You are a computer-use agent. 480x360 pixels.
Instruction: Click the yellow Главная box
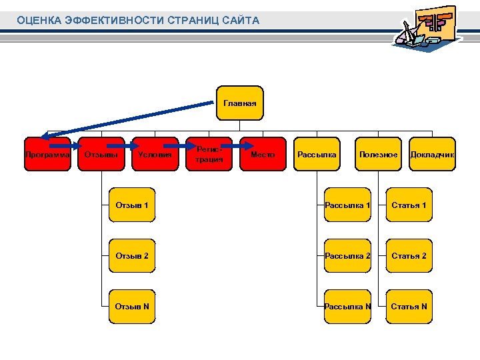point(240,103)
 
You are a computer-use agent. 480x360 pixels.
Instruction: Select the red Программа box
point(47,155)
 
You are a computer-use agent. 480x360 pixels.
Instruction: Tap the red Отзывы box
point(101,155)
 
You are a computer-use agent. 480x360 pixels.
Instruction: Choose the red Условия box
point(155,155)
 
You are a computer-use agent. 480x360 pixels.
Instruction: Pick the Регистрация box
point(209,155)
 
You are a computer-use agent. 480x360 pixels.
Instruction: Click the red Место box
point(263,155)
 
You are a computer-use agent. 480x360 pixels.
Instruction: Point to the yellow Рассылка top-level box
point(317,155)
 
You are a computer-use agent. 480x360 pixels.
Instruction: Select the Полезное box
point(378,155)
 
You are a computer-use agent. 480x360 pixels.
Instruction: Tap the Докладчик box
point(432,155)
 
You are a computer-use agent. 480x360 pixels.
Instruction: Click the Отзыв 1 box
point(132,205)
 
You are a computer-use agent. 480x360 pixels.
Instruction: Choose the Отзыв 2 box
point(132,256)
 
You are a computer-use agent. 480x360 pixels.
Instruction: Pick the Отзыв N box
point(132,307)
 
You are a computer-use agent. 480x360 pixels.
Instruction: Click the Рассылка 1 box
point(347,205)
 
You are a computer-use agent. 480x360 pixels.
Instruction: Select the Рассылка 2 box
point(347,256)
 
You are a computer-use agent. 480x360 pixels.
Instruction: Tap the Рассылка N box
point(347,307)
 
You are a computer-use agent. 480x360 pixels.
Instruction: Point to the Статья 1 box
point(409,205)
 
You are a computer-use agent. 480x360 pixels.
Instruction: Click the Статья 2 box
point(409,256)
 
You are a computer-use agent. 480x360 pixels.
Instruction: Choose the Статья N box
point(409,307)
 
